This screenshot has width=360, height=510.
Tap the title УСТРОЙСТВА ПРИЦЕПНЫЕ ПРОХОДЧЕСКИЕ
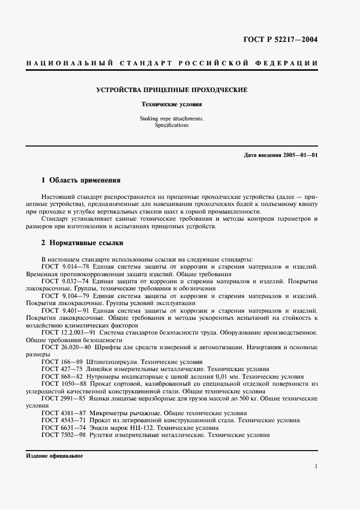point(171,89)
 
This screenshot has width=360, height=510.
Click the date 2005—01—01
point(298,155)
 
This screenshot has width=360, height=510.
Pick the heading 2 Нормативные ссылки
point(82,243)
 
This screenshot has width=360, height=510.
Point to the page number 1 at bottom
point(316,466)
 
